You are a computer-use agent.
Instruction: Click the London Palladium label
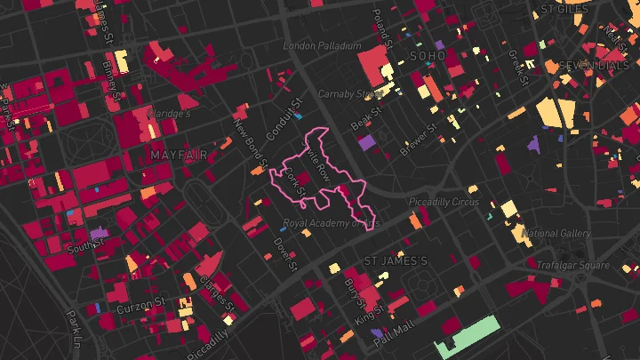pyautogui.click(x=322, y=45)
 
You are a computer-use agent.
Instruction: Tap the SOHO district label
pyautogui.click(x=427, y=56)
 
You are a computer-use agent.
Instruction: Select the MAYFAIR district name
pyautogui.click(x=172, y=155)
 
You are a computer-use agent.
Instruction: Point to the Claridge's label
pyautogui.click(x=170, y=114)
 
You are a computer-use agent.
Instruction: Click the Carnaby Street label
pyautogui.click(x=350, y=93)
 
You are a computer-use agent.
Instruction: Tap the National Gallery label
pyautogui.click(x=557, y=234)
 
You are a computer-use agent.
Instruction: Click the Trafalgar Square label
pyautogui.click(x=572, y=265)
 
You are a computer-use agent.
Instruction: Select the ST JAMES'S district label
pyautogui.click(x=396, y=261)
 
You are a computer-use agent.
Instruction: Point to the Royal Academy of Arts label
pyautogui.click(x=331, y=223)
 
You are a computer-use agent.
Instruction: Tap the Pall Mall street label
pyautogui.click(x=393, y=332)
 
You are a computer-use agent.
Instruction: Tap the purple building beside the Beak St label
pyautogui.click(x=366, y=141)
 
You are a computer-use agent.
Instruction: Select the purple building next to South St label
pyautogui.click(x=99, y=234)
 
